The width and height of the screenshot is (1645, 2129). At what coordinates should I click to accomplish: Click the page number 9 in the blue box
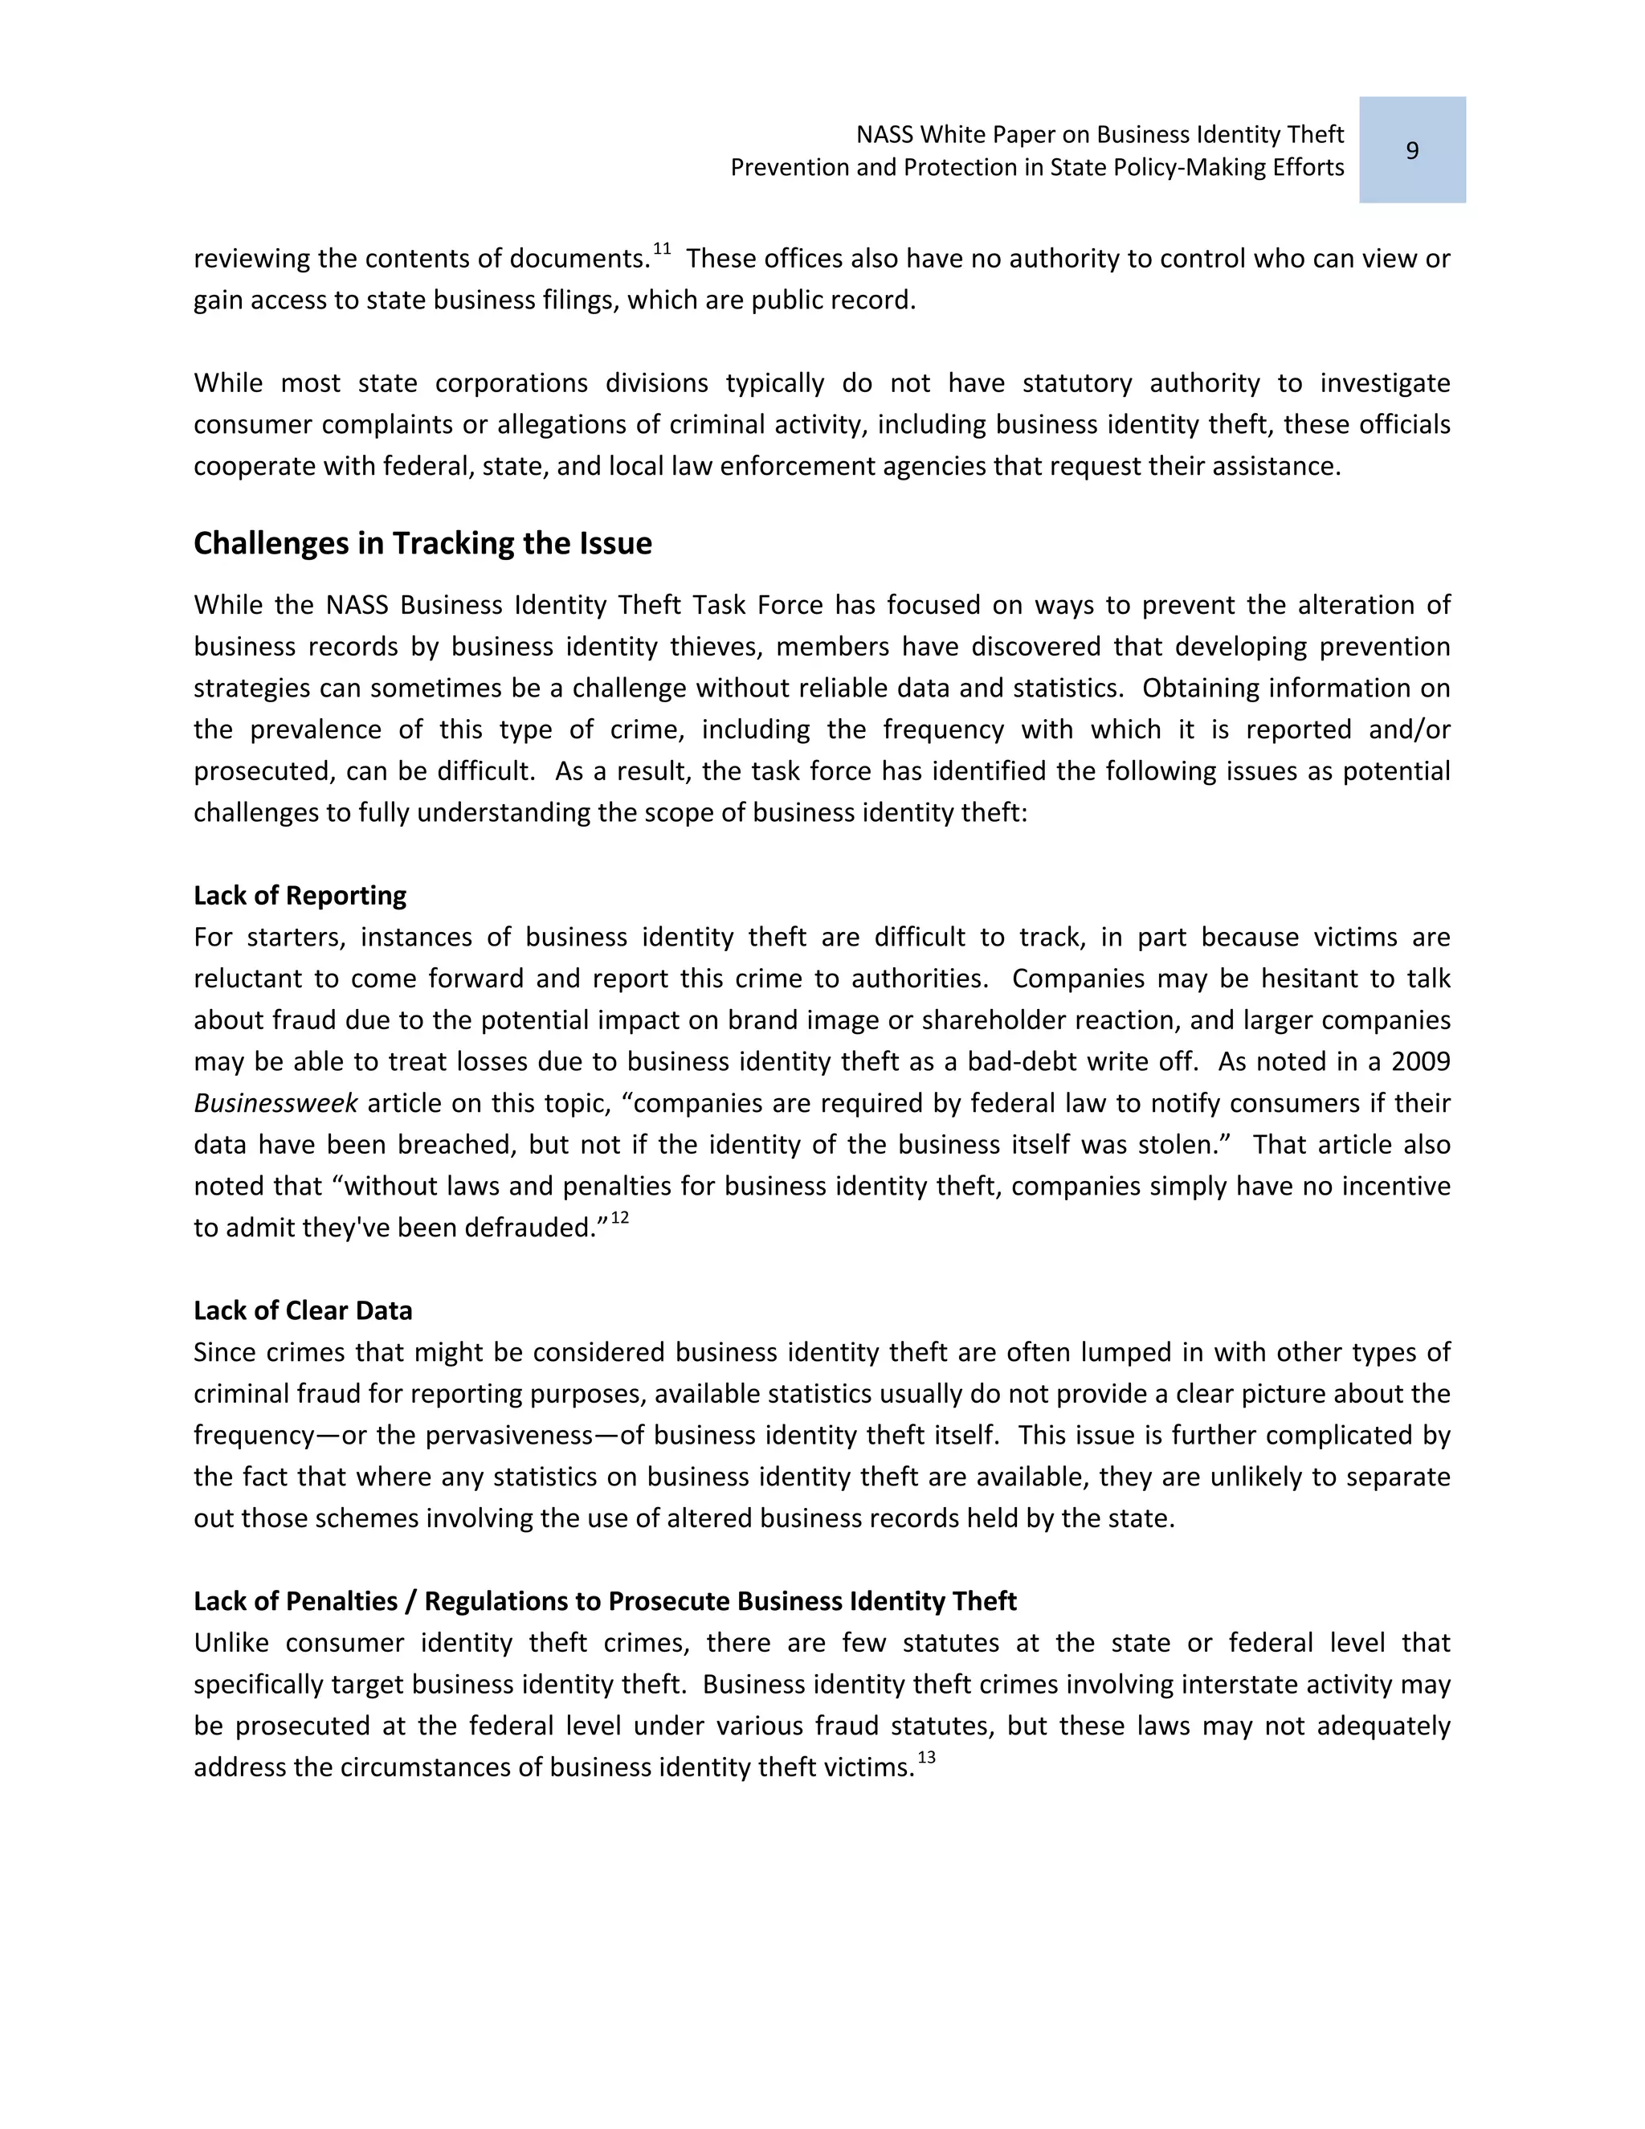[x=1411, y=151]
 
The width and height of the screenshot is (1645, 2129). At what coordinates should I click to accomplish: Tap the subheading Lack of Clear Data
[x=302, y=1310]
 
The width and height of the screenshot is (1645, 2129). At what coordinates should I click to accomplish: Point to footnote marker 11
[x=662, y=250]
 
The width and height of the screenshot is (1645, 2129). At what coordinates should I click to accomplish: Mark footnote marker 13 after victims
[x=926, y=1758]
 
